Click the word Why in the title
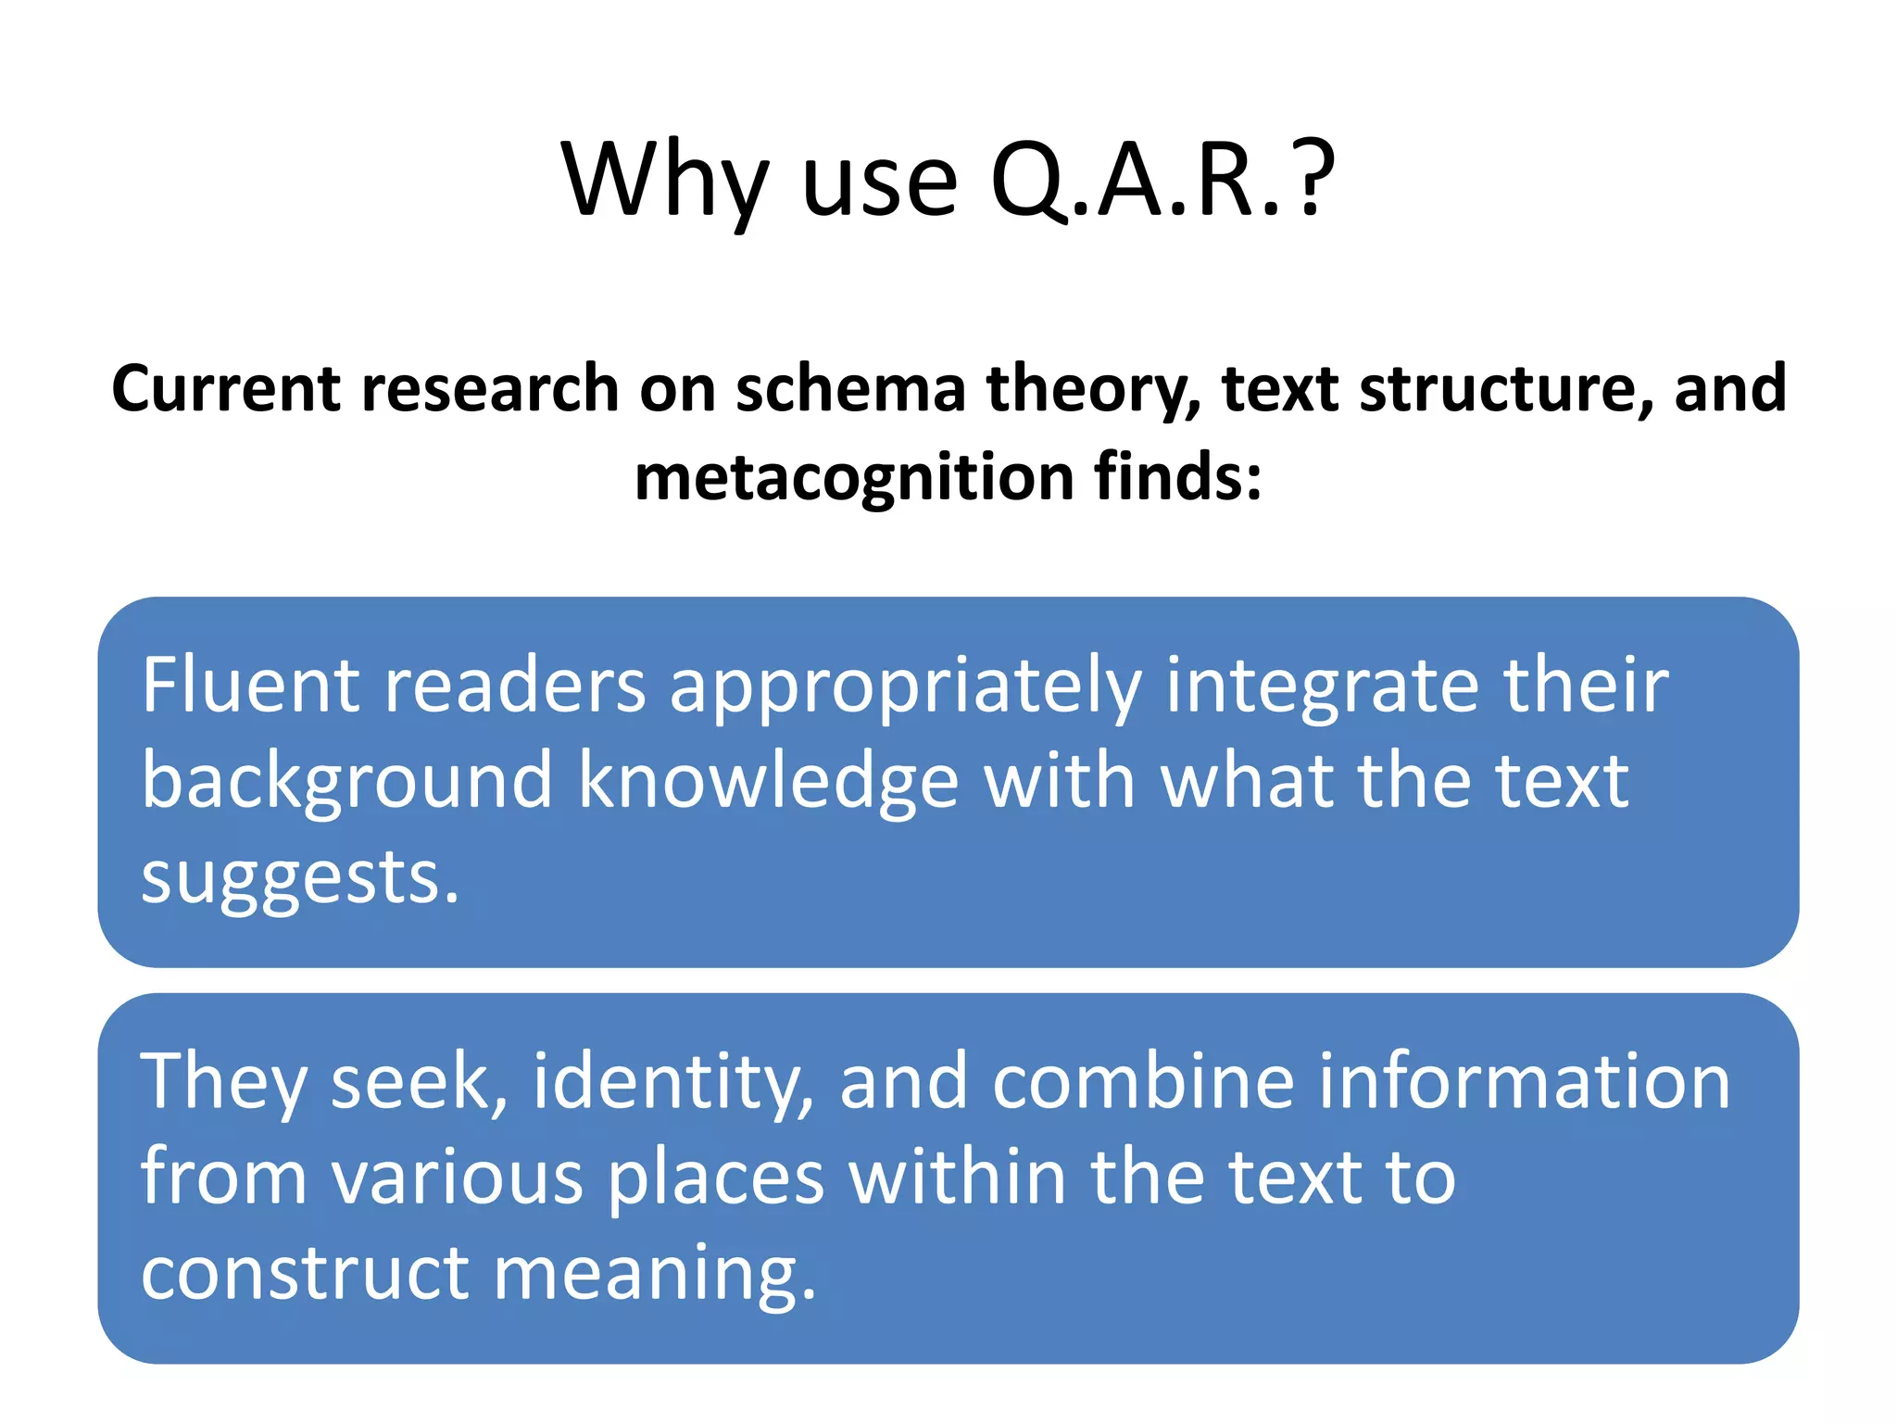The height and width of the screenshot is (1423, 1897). tap(665, 181)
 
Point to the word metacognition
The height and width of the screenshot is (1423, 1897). tap(853, 477)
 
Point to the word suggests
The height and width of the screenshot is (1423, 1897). tap(299, 879)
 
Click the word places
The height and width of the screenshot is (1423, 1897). tap(715, 1178)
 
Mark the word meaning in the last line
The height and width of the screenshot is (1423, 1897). tap(654, 1275)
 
